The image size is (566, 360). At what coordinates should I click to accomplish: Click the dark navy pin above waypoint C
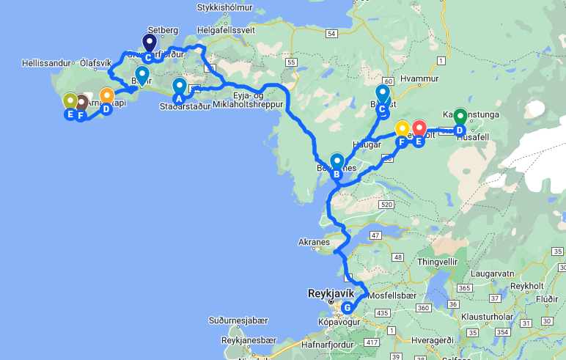149,43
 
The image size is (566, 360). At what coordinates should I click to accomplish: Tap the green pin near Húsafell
460,117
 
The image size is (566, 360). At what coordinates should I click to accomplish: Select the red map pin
419,129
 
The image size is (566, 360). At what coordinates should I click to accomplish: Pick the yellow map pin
402,128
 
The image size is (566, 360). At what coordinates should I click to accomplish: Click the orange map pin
107,96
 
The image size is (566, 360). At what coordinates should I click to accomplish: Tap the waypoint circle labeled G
347,307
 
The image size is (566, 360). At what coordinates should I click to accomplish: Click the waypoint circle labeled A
177,100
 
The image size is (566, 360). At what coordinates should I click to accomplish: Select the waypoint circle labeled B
337,175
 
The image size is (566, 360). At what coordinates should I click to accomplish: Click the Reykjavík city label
331,292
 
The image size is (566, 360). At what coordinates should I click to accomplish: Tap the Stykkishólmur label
223,9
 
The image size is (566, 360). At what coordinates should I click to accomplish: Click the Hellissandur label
47,62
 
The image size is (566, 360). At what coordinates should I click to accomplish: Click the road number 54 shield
333,33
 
